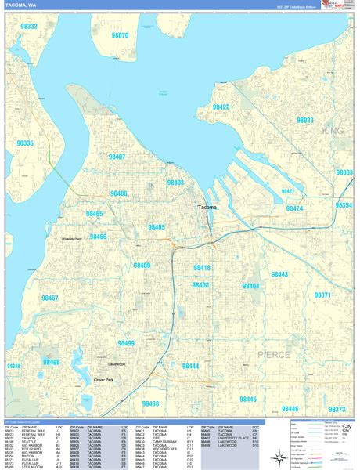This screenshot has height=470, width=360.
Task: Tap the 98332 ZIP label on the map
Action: click(29, 26)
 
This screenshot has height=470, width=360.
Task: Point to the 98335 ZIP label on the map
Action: click(25, 143)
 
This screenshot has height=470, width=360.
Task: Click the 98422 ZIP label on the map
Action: click(221, 107)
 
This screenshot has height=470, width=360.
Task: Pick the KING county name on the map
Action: click(333, 132)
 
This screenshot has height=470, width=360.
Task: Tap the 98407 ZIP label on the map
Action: click(117, 157)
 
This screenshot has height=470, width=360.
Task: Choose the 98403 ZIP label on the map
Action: click(175, 182)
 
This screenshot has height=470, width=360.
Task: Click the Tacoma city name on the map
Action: click(207, 208)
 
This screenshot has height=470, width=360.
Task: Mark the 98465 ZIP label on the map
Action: click(94, 213)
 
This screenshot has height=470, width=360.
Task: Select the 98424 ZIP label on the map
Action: click(294, 208)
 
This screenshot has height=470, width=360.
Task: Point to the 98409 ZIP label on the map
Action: click(142, 266)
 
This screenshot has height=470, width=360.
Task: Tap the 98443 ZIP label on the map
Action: click(279, 274)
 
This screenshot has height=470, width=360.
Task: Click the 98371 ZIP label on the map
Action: click(322, 295)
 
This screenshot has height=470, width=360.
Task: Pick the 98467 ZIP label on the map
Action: click(50, 298)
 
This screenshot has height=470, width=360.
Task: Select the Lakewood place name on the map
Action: click(117, 364)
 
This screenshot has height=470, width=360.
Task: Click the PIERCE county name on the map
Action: click(273, 355)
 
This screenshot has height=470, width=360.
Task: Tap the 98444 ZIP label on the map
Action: click(190, 366)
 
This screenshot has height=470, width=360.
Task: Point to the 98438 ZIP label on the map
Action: click(150, 403)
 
